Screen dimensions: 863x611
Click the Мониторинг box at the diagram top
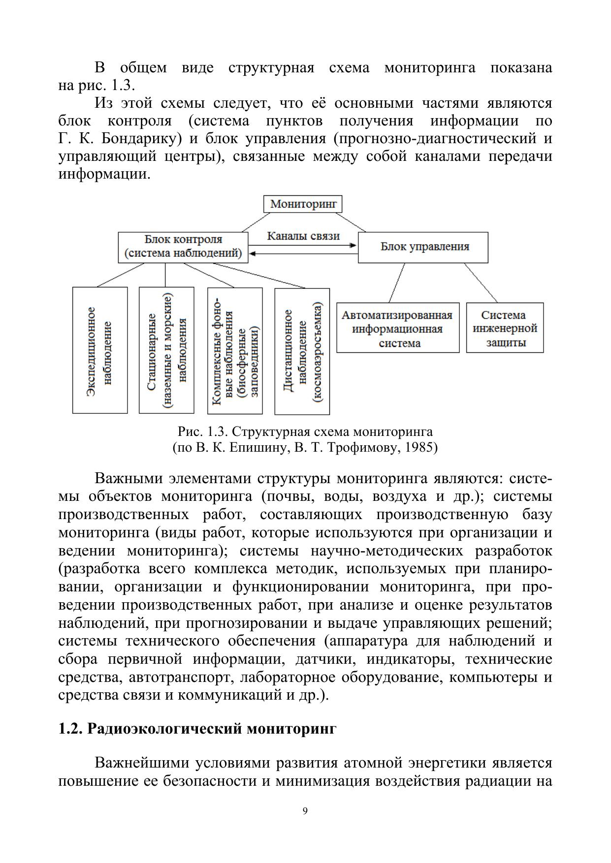(x=303, y=204)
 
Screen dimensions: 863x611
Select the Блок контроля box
(x=183, y=247)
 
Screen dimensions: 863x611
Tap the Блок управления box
(x=423, y=247)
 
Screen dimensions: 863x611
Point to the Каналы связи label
(x=303, y=236)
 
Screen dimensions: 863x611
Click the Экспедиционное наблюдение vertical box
(x=100, y=350)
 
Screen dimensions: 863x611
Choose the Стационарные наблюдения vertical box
(x=167, y=350)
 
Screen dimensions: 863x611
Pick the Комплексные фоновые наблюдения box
(x=235, y=350)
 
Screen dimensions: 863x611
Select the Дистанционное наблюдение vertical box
(x=302, y=351)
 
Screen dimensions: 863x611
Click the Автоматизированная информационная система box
(x=398, y=328)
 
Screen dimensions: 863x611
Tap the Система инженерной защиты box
(x=505, y=328)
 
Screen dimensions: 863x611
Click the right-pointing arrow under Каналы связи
(x=303, y=245)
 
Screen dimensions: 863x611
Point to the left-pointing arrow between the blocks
(x=303, y=254)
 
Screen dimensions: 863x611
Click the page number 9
(x=305, y=811)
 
